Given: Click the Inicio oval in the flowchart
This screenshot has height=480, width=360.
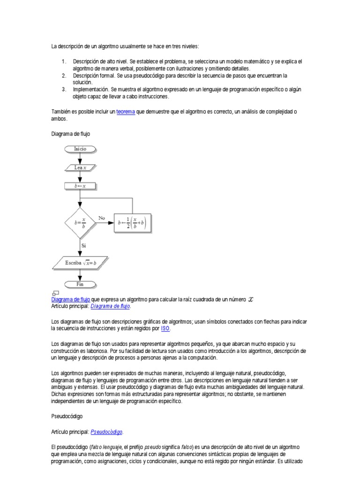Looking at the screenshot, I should (80, 149).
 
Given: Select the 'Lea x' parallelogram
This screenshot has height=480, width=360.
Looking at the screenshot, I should (80, 166).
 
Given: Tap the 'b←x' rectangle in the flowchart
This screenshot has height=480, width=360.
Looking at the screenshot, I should (80, 186).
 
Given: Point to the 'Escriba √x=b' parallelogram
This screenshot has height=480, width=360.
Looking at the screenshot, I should (80, 263).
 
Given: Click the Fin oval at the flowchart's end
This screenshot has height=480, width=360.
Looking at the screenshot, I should (80, 284).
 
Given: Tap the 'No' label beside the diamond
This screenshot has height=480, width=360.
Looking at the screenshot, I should (101, 217).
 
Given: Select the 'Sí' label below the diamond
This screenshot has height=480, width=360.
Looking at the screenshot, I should (84, 245).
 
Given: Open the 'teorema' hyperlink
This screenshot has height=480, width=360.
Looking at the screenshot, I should (125, 112).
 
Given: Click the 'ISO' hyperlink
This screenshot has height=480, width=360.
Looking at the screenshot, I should (165, 329).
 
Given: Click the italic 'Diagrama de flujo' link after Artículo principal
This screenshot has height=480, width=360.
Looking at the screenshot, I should (111, 306).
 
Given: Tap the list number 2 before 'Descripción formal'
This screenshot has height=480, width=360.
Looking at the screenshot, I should (63, 75).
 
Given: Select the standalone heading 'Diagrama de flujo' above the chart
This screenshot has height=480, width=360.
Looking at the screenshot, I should (70, 134).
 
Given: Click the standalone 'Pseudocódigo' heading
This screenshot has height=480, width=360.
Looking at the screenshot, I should (68, 416).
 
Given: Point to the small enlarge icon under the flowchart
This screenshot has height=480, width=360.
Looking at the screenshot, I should (55, 293).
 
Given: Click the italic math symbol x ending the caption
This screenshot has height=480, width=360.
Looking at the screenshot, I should (250, 300).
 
